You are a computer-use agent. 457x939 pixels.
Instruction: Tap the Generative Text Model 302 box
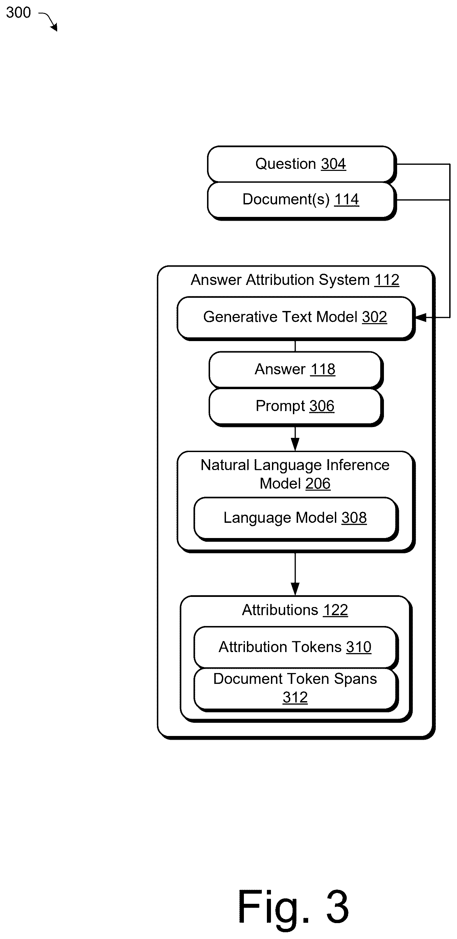point(296,318)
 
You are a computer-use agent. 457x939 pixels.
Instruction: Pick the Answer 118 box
point(296,370)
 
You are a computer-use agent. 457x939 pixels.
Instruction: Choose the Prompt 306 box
point(296,407)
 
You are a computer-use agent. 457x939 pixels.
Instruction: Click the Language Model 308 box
point(296,519)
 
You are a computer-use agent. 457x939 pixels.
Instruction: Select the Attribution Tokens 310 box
point(296,648)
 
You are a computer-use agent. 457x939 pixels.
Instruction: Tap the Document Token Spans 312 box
point(296,689)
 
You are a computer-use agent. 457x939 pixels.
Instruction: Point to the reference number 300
point(19,13)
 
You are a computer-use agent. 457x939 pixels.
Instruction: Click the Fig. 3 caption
point(293,907)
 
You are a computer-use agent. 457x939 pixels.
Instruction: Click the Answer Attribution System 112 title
point(295,280)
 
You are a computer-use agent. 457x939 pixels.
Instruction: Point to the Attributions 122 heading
point(295,610)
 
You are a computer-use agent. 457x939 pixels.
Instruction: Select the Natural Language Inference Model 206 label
point(295,474)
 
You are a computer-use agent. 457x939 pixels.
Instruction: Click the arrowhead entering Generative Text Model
point(420,317)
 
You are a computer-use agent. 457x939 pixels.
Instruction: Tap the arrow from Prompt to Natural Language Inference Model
point(295,439)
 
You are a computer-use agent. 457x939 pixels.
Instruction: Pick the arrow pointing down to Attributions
point(295,574)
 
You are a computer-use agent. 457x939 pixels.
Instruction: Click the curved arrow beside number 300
point(49,21)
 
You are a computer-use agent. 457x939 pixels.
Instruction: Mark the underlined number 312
point(295,698)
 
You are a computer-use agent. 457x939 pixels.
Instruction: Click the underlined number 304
point(334,164)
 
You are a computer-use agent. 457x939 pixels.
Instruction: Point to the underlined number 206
point(318,484)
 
